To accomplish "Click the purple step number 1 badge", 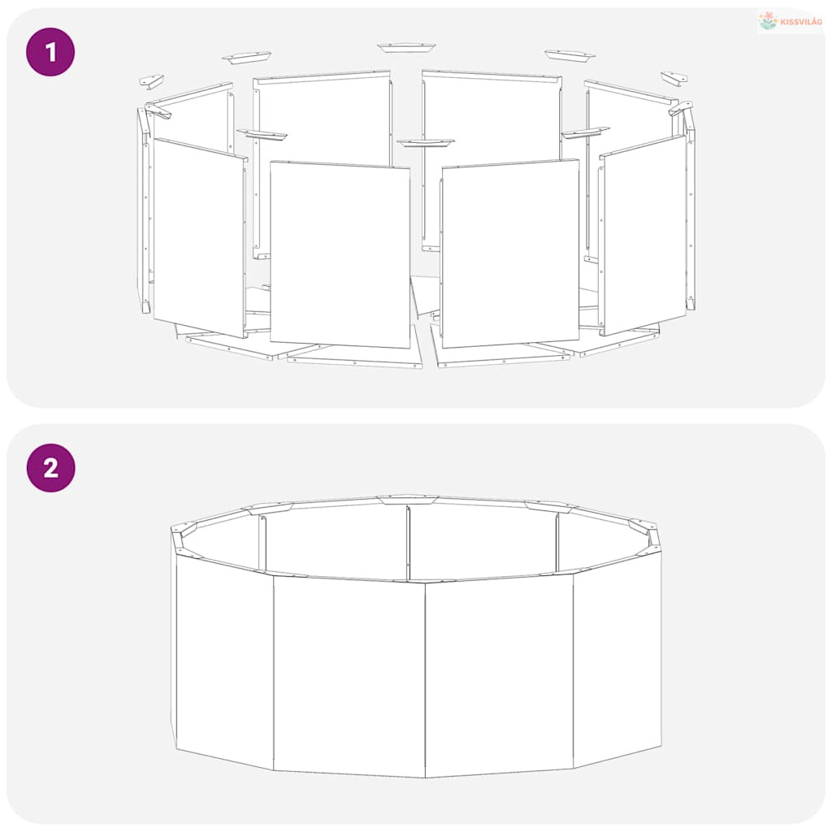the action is (50, 52).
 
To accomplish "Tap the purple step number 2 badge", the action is (50, 468).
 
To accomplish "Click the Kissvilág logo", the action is (790, 21).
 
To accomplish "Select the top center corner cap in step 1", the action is (406, 48).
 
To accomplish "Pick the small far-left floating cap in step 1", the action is (151, 81).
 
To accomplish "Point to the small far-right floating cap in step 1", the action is (674, 77).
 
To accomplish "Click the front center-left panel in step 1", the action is (340, 254).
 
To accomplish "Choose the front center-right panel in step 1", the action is (510, 253).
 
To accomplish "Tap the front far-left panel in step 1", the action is (200, 237).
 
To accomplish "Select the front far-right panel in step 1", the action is (643, 235).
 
